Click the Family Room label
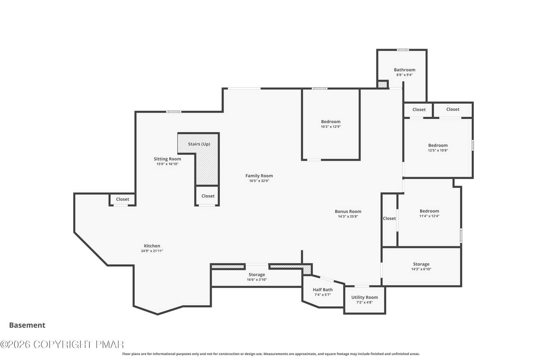259,176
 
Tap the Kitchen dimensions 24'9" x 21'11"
152,251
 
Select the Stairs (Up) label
199,144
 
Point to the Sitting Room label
167,159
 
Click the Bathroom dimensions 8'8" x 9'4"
404,75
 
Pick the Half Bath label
323,289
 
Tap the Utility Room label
365,298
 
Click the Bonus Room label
348,211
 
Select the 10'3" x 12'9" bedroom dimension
331,127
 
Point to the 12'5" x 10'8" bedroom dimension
438,150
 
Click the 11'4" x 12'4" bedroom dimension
429,216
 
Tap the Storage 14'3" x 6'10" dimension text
421,269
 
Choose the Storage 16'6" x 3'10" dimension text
257,280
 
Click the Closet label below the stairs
208,196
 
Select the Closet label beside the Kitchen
122,199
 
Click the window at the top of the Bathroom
403,50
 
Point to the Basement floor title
27,325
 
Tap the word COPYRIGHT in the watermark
63,344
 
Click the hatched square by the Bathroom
382,85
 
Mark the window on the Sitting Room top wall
174,112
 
